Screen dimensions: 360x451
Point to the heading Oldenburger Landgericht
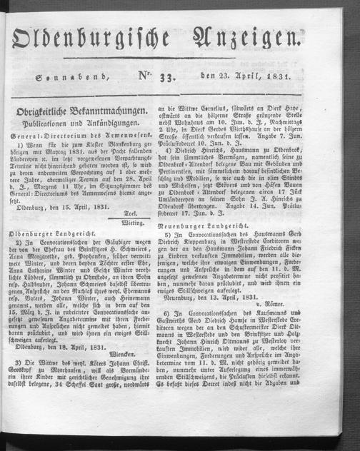[x=54, y=255]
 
